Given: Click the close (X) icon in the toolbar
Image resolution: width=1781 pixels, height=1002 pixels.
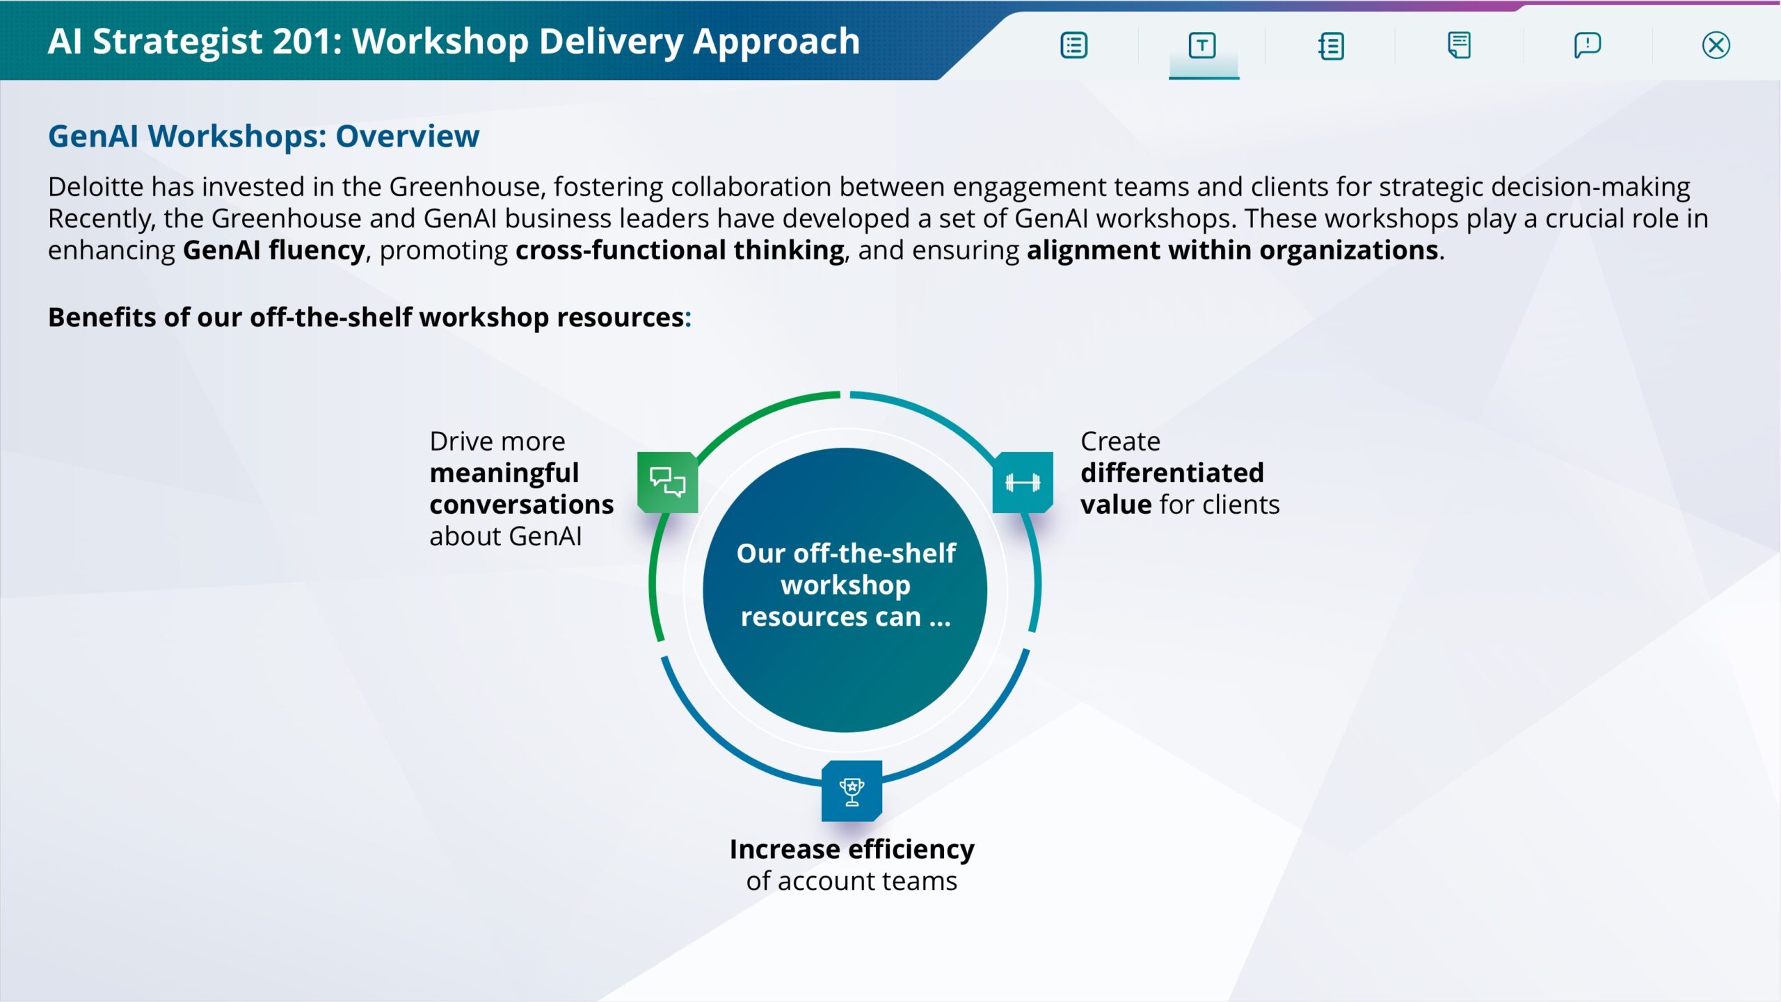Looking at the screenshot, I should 1716,46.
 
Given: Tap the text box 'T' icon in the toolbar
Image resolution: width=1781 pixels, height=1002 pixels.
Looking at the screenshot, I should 1202,46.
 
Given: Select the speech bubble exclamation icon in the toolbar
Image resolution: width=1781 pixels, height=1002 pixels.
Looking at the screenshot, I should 1587,46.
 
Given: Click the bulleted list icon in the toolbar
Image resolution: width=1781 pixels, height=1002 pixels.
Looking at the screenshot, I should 1073,46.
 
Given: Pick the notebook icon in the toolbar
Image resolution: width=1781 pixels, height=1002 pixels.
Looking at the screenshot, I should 1331,46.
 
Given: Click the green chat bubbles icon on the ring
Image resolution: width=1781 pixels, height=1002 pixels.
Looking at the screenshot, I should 668,483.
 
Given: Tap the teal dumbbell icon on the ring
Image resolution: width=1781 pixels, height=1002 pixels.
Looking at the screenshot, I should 1023,483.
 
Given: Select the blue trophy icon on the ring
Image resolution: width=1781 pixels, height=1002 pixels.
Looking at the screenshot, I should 852,791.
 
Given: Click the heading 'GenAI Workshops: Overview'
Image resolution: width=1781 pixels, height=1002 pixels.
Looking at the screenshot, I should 264,136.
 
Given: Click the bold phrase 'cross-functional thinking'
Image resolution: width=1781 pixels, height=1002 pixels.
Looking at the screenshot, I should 680,250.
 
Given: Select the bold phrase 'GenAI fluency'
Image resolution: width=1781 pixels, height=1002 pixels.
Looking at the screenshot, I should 273,250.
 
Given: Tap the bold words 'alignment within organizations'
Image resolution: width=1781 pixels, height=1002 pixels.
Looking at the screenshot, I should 1232,250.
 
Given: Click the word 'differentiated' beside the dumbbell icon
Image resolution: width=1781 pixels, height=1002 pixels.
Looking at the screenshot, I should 1172,473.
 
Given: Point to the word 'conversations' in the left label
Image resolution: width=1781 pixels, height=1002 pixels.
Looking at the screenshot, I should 521,504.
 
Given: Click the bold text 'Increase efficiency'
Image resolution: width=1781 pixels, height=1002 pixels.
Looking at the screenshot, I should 852,849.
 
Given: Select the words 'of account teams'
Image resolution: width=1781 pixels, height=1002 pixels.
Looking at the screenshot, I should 852,881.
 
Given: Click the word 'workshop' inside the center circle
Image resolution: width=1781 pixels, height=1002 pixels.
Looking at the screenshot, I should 845,585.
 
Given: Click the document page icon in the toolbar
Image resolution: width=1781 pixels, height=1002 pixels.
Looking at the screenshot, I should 1459,46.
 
